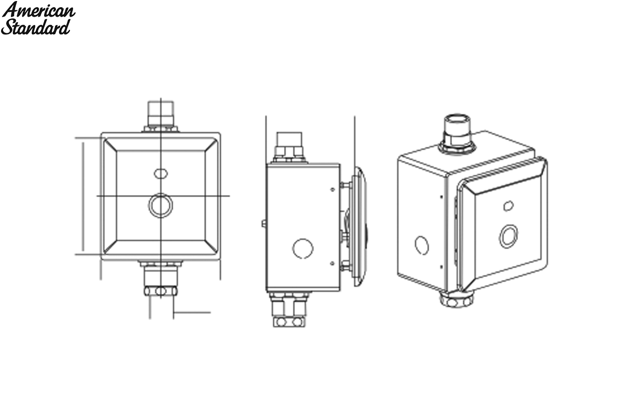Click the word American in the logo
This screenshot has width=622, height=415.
point(38,10)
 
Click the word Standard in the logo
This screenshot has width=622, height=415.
point(36,26)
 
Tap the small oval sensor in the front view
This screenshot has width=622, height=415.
point(161,174)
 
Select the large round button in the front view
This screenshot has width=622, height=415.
point(161,205)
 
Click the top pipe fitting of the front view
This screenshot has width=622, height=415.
point(161,116)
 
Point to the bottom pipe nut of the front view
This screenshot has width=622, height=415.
point(161,291)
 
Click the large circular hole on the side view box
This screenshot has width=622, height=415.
point(303,248)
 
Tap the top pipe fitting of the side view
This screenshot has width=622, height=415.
point(289,147)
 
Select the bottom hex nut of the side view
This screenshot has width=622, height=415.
point(289,322)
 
